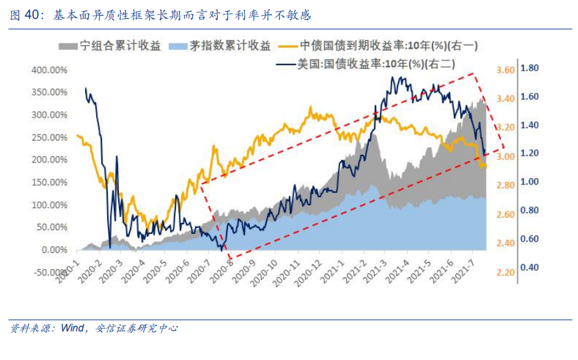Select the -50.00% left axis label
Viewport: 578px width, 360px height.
pyautogui.click(x=49, y=272)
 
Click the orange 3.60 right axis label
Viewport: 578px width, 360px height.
pyautogui.click(x=505, y=70)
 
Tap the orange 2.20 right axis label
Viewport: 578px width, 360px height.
pyautogui.click(x=505, y=272)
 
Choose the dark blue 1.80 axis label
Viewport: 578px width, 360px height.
pyautogui.click(x=531, y=68)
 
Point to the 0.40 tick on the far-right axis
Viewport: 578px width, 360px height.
pyautogui.click(x=531, y=267)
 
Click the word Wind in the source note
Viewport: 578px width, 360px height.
pyautogui.click(x=72, y=328)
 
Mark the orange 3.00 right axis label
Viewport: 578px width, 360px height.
pyautogui.click(x=505, y=157)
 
